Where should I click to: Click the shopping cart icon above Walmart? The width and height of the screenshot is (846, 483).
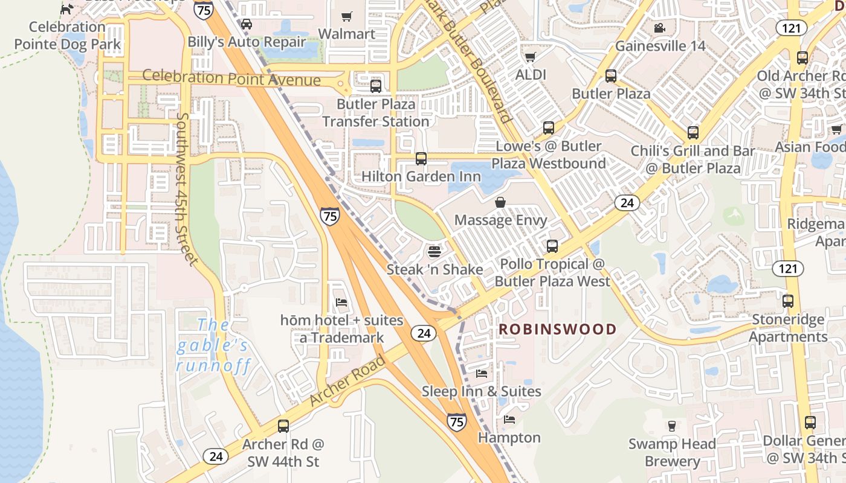click(346, 16)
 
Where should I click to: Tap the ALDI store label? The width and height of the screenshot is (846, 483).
click(531, 74)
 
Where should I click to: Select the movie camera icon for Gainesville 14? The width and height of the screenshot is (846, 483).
click(659, 28)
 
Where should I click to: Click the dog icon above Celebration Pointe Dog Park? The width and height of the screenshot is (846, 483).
click(67, 9)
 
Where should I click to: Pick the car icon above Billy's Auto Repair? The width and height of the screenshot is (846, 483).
click(246, 24)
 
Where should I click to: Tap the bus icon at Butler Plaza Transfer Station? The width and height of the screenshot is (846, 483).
click(376, 86)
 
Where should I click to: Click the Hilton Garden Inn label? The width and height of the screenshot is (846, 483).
click(421, 176)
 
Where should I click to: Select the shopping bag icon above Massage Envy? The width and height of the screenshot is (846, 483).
click(500, 202)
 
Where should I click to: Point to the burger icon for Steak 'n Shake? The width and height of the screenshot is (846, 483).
click(434, 251)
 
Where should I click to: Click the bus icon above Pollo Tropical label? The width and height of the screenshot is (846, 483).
click(552, 246)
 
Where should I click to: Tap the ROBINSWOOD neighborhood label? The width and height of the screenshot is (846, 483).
click(557, 330)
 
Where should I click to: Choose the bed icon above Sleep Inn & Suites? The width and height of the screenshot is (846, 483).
click(482, 374)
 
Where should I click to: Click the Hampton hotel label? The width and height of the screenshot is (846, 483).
click(509, 437)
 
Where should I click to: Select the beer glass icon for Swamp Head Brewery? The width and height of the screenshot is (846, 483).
click(671, 426)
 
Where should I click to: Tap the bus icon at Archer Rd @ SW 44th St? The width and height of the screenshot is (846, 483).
click(283, 426)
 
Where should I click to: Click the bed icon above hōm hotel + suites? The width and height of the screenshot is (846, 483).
click(341, 302)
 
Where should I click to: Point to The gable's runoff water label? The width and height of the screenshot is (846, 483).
click(212, 346)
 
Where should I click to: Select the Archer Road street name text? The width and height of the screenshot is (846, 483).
click(347, 382)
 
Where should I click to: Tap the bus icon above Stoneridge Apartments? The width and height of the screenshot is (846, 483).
click(788, 301)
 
